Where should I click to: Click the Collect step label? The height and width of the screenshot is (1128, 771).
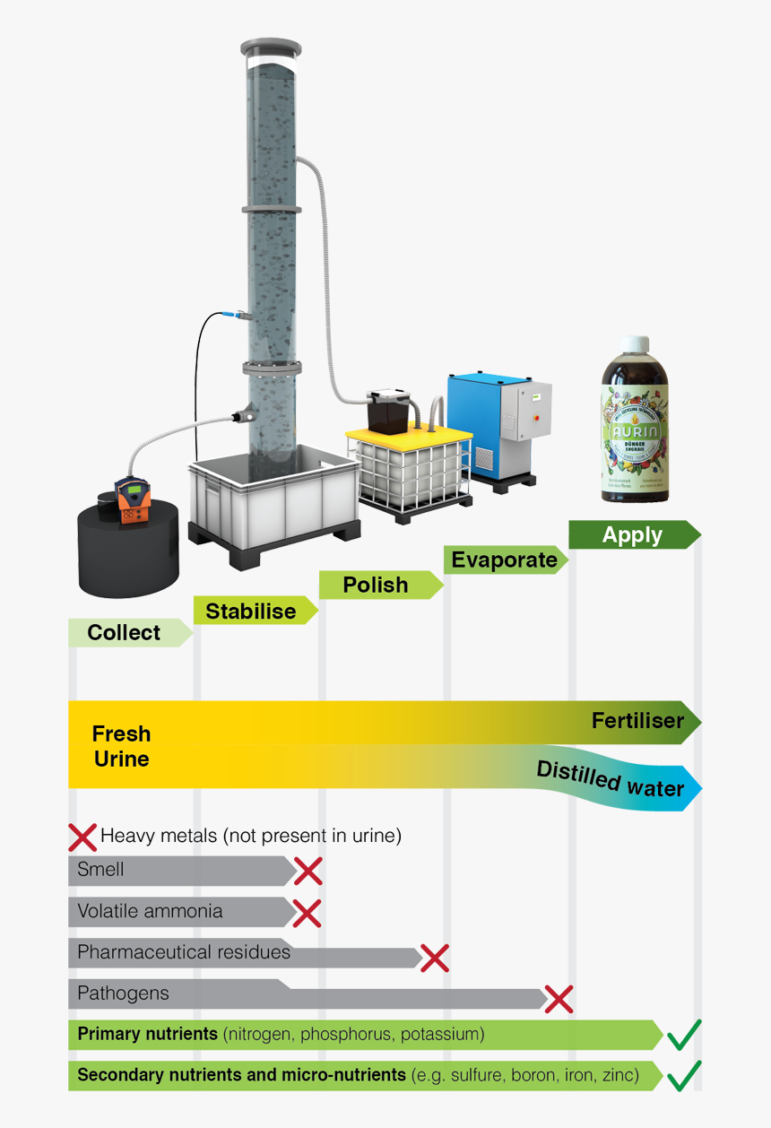tap(124, 633)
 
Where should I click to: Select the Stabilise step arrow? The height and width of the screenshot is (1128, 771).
tap(251, 612)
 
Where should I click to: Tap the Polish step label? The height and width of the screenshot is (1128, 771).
tap(376, 586)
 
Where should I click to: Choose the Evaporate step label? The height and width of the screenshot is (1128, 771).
tap(504, 560)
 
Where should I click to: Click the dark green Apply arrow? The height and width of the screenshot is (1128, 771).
tap(632, 535)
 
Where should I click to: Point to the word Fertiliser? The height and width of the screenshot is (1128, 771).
tap(637, 721)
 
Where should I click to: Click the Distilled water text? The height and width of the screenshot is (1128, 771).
tap(611, 779)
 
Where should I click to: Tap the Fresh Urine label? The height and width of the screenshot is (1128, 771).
tap(121, 746)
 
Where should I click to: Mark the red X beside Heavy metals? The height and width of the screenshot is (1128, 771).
tap(82, 837)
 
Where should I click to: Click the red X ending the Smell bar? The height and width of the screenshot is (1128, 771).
tap(308, 870)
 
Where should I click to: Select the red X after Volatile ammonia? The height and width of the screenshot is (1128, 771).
tap(307, 912)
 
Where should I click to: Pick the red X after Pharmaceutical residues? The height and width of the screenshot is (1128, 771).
tap(434, 958)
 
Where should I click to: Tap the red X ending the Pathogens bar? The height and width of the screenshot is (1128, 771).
tap(559, 998)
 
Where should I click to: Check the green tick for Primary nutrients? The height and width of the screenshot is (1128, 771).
tap(683, 1036)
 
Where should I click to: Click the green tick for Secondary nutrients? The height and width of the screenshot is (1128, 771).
tap(683, 1074)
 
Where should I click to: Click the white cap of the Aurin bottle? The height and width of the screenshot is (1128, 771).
tap(636, 345)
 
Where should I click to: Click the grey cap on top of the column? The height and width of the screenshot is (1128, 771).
tap(271, 47)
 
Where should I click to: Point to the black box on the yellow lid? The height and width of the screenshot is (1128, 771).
tap(391, 411)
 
